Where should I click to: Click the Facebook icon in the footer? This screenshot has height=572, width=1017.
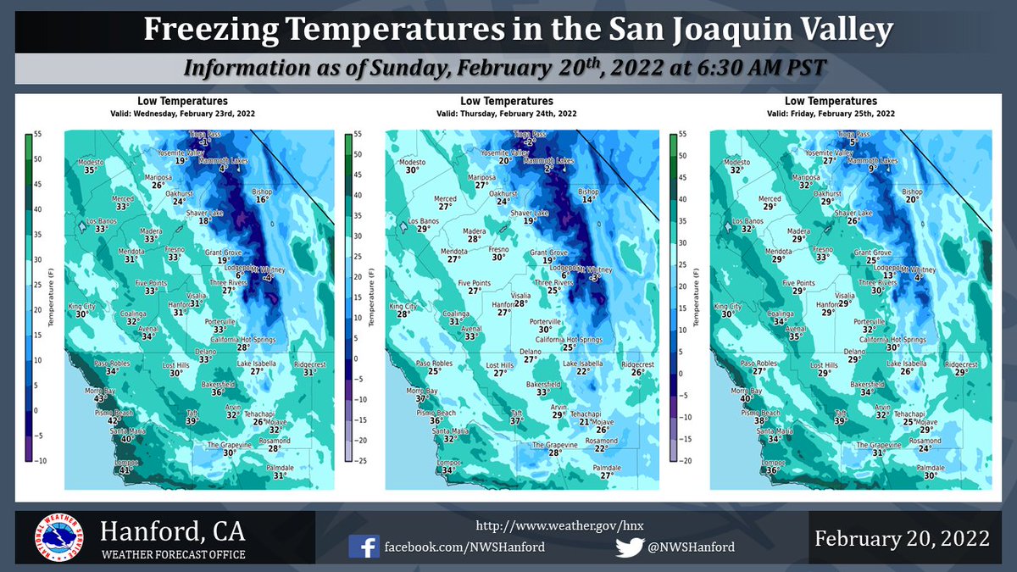[364, 547]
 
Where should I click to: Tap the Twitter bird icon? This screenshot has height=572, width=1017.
[630, 547]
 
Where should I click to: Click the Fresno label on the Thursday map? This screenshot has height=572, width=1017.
[498, 250]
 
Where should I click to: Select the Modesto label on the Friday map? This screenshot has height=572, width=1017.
[737, 162]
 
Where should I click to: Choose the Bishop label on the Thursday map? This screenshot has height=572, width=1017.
[587, 192]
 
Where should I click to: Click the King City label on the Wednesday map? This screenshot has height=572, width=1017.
[83, 306]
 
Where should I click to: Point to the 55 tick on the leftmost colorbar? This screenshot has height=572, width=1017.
[40, 134]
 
